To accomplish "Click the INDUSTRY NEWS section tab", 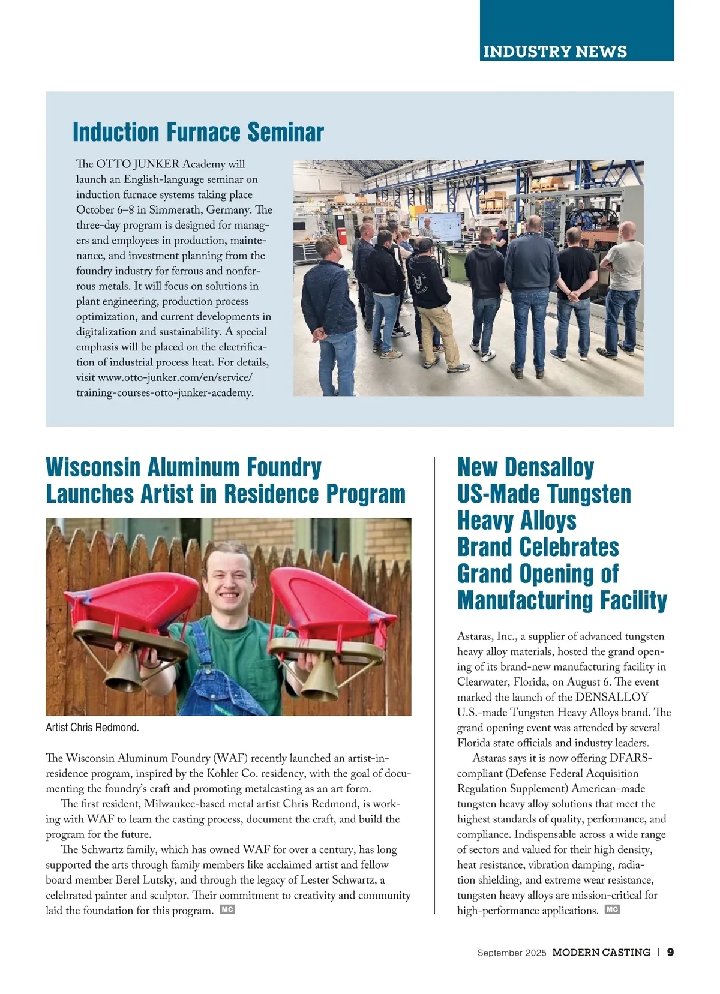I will pyautogui.click(x=555, y=51).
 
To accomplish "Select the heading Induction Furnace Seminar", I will pyautogui.click(x=198, y=132).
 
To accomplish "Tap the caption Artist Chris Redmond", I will pyautogui.click(x=92, y=728).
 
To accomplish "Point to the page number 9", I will pyautogui.click(x=670, y=952).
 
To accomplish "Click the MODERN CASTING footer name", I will pyautogui.click(x=601, y=952).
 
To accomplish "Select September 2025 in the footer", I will pyautogui.click(x=512, y=953).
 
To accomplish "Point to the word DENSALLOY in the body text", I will pyautogui.click(x=611, y=697).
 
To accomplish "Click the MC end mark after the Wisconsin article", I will pyautogui.click(x=227, y=909).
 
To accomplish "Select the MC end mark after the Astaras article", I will pyautogui.click(x=612, y=909).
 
